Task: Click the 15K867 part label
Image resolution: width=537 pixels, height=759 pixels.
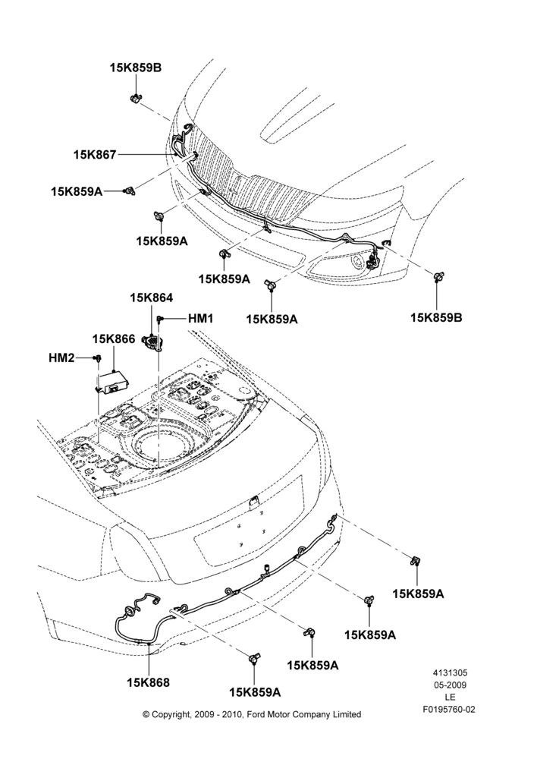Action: (x=95, y=155)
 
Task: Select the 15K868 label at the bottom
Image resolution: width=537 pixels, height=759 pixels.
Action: (x=149, y=682)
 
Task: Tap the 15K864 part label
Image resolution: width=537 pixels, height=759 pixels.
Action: (x=151, y=298)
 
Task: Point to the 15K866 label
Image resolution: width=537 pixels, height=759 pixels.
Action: (x=114, y=339)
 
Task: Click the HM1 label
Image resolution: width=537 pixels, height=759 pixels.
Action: (x=200, y=318)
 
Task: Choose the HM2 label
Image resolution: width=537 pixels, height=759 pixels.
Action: (x=61, y=357)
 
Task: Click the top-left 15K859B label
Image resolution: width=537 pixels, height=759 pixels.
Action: (x=136, y=68)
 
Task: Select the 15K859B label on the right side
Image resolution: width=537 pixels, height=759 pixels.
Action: (x=436, y=317)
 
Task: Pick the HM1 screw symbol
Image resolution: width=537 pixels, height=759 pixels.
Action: (x=159, y=319)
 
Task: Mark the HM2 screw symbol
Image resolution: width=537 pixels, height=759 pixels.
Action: (x=98, y=358)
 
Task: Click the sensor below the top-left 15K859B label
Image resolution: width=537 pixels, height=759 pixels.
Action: (x=136, y=98)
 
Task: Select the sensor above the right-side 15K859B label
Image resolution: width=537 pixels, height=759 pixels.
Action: (x=438, y=276)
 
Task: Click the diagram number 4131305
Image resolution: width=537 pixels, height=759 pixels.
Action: (x=450, y=672)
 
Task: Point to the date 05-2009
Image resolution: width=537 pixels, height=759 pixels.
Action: (x=450, y=685)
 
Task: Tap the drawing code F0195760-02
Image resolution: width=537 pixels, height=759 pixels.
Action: (x=450, y=710)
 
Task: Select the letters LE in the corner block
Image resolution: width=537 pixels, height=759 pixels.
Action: (x=450, y=698)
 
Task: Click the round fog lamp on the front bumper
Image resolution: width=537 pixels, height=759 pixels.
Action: (x=357, y=263)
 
